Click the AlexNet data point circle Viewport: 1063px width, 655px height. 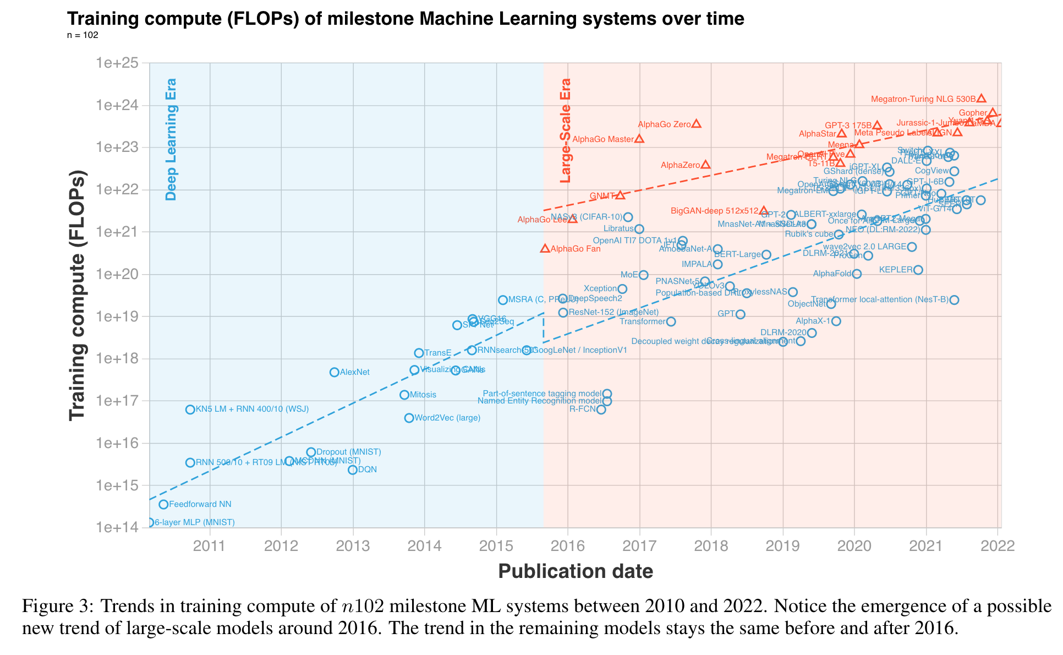[x=334, y=372]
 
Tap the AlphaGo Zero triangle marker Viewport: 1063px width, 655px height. [x=697, y=124]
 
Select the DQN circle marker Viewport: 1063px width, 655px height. [x=353, y=470]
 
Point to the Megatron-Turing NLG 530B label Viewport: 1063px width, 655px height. [x=923, y=100]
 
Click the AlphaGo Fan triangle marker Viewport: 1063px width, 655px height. [x=545, y=249]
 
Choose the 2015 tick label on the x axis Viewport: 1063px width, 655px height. [x=496, y=545]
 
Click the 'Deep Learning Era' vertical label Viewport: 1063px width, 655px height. [x=172, y=139]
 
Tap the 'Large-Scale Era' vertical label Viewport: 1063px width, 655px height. [x=565, y=131]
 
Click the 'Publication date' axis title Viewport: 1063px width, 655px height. [x=576, y=571]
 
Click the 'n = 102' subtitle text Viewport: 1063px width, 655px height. [x=83, y=35]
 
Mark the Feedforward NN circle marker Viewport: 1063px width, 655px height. [x=163, y=504]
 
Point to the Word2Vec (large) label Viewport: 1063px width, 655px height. [x=447, y=418]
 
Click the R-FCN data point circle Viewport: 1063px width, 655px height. [x=601, y=410]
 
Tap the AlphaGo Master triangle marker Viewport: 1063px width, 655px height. [x=639, y=139]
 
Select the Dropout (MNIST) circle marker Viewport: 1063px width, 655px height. [x=311, y=452]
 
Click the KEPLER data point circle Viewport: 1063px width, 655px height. [x=918, y=270]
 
